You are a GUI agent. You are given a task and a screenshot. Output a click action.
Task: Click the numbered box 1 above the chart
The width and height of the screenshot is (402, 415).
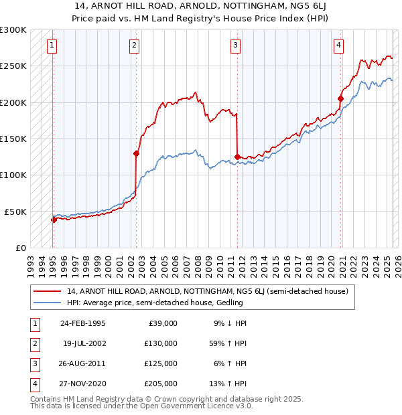(x=52, y=46)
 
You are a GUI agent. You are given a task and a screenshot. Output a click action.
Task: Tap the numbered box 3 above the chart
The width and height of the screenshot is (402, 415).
(x=236, y=46)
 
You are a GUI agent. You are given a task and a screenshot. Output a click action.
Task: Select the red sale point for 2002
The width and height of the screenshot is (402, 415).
(x=136, y=153)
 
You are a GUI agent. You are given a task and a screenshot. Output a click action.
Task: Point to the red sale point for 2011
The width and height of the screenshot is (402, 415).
(x=237, y=157)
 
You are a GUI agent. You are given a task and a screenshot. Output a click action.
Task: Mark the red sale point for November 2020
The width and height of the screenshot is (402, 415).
(x=340, y=99)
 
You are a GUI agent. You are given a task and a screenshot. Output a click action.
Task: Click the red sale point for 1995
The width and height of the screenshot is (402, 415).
(x=54, y=219)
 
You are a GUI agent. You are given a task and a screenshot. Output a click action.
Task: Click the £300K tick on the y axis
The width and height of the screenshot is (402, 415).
(x=13, y=30)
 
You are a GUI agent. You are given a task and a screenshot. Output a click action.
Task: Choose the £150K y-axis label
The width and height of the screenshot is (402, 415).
(x=13, y=139)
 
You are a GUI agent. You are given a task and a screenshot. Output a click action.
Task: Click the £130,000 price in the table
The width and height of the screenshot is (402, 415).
(x=161, y=343)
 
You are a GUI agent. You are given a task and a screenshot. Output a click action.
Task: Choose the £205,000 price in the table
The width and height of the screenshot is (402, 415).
(x=161, y=384)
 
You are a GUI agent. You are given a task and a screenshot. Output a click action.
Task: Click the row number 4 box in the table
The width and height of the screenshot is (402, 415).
(x=33, y=384)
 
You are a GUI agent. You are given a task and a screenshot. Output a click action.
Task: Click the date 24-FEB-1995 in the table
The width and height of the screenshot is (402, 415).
(x=82, y=323)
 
